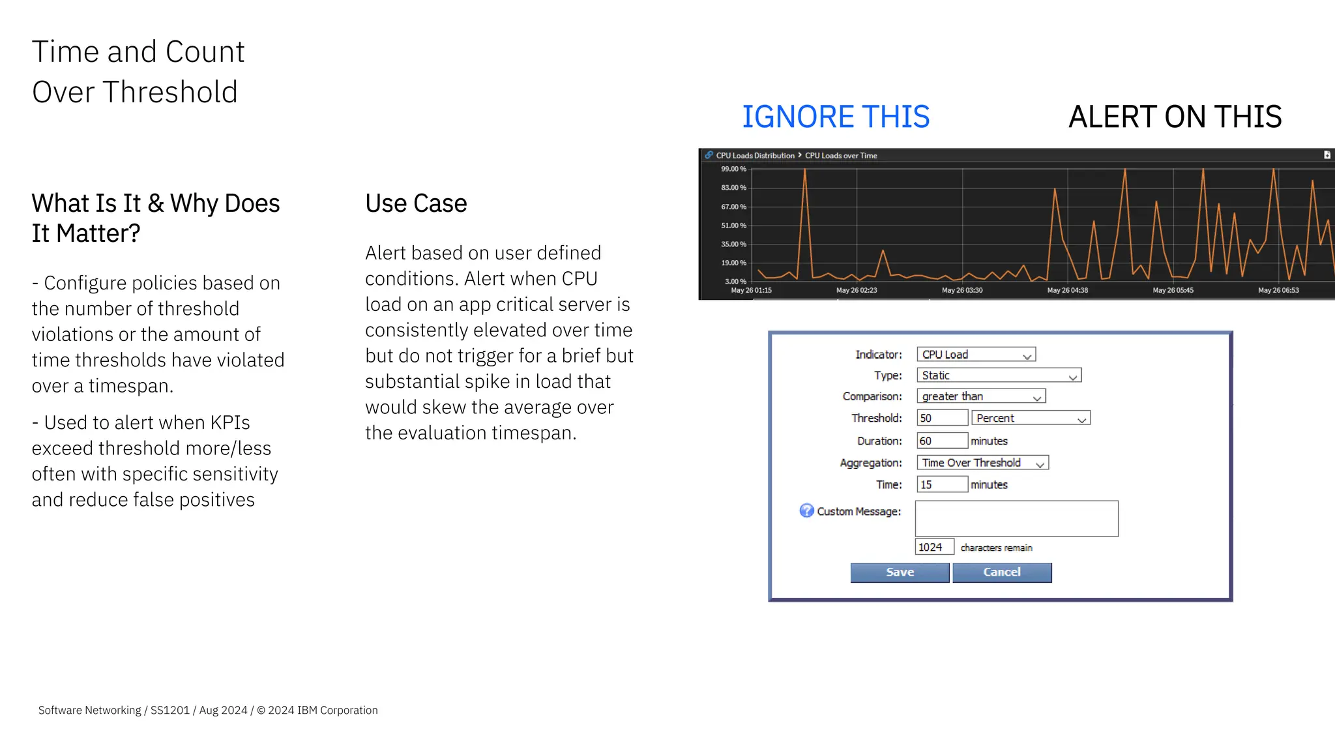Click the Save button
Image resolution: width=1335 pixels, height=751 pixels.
900,572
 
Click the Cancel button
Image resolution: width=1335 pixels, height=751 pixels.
1002,572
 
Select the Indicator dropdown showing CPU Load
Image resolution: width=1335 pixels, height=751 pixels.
976,355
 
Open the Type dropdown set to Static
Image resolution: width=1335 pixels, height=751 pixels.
999,375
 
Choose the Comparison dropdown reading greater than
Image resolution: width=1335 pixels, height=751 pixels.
981,396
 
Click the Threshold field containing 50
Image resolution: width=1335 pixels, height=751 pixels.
942,418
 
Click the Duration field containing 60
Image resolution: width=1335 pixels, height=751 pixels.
942,441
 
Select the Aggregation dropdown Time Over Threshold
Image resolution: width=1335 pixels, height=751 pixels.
982,463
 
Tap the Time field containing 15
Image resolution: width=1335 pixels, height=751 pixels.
942,484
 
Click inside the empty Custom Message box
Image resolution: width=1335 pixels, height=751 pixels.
1016,519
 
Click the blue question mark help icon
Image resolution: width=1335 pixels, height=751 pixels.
806,510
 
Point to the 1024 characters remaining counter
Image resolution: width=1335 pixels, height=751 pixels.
934,547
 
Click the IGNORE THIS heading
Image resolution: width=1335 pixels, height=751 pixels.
836,117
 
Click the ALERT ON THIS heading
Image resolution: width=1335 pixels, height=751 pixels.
1175,117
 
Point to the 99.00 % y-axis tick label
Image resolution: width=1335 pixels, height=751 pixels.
733,169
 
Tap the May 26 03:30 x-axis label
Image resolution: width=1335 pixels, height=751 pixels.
962,290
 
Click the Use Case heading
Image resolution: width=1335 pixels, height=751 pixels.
416,203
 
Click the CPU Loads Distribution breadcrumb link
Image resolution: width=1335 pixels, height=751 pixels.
755,155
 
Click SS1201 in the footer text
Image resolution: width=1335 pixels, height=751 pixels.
169,710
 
